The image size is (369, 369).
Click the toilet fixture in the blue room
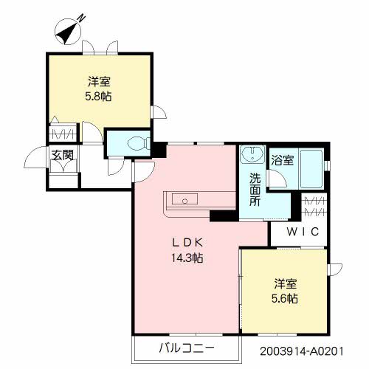pos(137,142)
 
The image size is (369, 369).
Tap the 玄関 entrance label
pos(61,155)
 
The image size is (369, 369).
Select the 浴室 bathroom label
pos(282,159)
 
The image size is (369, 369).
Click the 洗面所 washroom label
pos(254,190)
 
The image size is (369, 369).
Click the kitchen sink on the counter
pos(184,199)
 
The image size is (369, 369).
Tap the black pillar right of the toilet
pos(157,147)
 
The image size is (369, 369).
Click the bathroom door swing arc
pos(277,178)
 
